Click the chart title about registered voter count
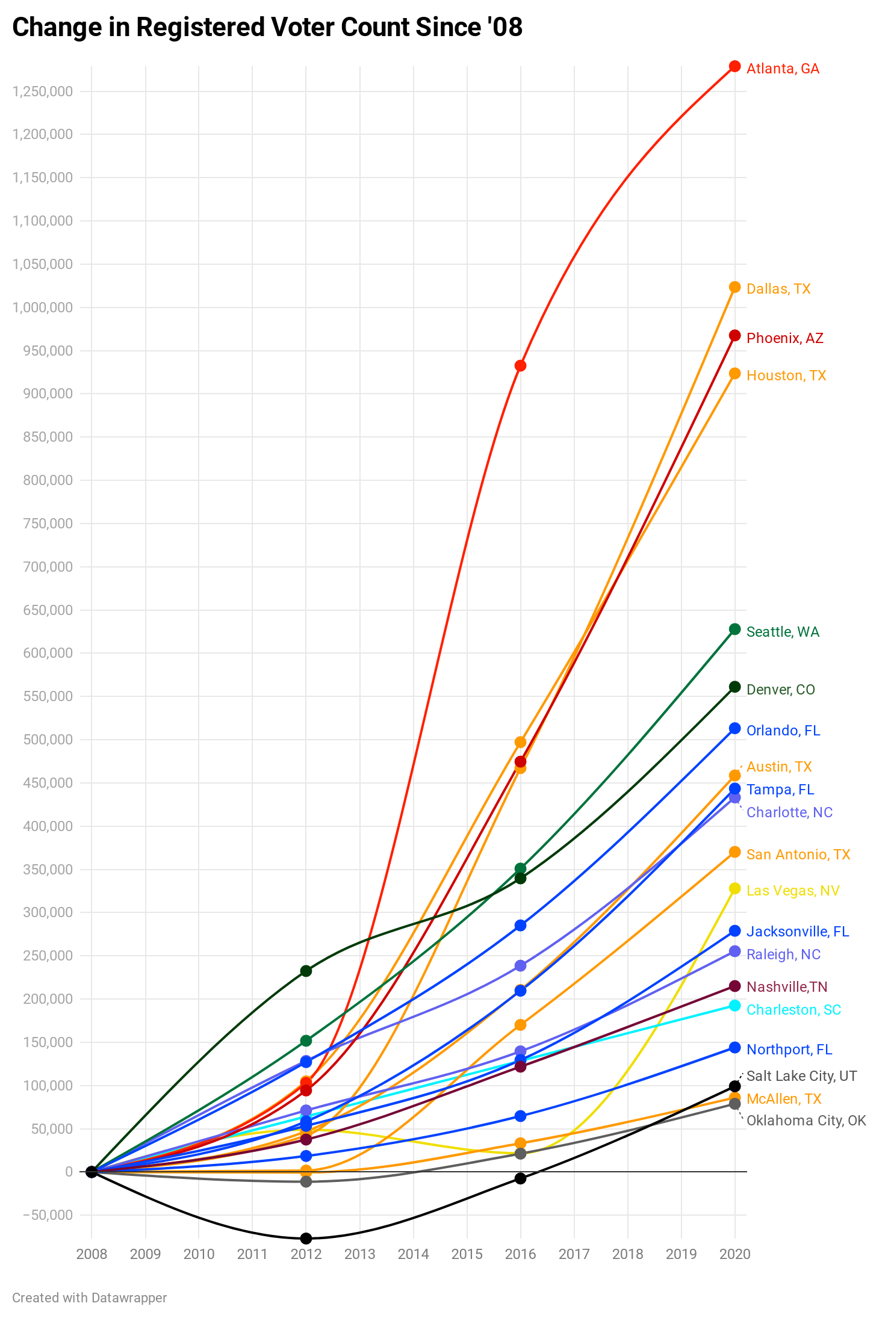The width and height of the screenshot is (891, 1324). (267, 28)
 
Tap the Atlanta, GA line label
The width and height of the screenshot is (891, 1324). (783, 69)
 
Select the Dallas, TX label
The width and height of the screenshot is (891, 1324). (778, 289)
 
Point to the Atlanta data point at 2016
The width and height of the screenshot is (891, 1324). (520, 366)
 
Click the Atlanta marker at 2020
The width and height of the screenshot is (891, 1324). (734, 66)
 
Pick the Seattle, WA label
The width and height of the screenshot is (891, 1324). (783, 632)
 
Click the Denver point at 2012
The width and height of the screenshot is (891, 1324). (306, 971)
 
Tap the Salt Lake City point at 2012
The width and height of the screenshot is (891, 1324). (306, 1239)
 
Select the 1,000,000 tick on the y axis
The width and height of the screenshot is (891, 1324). (42, 308)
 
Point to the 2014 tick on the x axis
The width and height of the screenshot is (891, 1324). (413, 1254)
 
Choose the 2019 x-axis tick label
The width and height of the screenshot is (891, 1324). (681, 1254)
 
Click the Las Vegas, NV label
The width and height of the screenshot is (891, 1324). (793, 891)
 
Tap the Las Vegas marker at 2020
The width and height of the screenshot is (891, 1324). (734, 889)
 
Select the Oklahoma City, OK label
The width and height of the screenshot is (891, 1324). (806, 1121)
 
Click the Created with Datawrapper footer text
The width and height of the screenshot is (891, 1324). (90, 1298)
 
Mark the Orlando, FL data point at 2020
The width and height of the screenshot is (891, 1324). (734, 729)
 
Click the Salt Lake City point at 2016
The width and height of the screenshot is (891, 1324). (520, 1178)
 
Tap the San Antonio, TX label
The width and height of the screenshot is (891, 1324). (798, 855)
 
